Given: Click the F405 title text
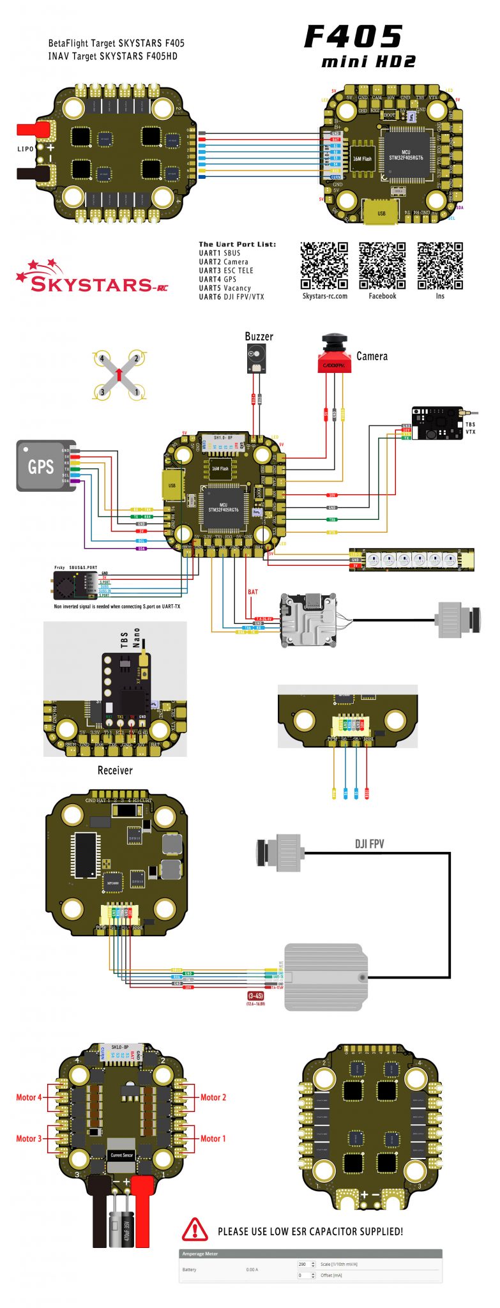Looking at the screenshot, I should [x=353, y=37].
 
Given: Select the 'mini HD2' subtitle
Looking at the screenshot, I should [x=368, y=62].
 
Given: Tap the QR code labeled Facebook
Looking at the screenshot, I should [x=382, y=266].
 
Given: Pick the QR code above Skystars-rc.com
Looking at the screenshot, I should [x=324, y=266].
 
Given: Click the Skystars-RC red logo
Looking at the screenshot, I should [x=93, y=278].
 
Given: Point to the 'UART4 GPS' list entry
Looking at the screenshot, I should [x=217, y=279].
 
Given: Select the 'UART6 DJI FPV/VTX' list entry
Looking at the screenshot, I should [x=231, y=297].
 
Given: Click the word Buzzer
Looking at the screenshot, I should [x=259, y=337].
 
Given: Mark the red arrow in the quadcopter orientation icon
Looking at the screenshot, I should [x=119, y=374].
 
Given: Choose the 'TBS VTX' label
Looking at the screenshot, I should [x=471, y=428].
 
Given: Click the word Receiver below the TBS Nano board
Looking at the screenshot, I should [x=115, y=770].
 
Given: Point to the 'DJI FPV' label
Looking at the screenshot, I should [x=369, y=844].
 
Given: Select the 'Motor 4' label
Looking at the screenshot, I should [x=29, y=1097].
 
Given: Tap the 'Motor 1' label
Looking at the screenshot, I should [x=213, y=1138].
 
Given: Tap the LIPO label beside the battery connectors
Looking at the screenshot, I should [x=26, y=149].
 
